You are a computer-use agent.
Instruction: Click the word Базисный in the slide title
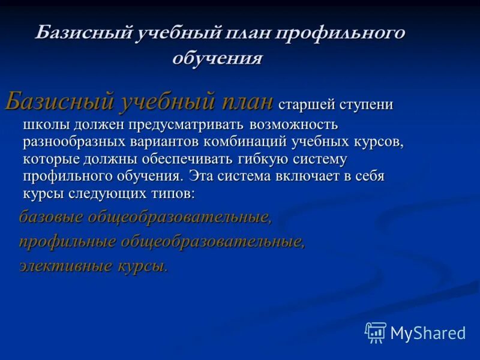coord(83,34)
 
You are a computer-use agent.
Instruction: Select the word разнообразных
coord(73,142)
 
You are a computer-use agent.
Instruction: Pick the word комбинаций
coord(245,142)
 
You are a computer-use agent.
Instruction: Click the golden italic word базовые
coord(50,217)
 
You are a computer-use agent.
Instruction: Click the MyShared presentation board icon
coord(376,332)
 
